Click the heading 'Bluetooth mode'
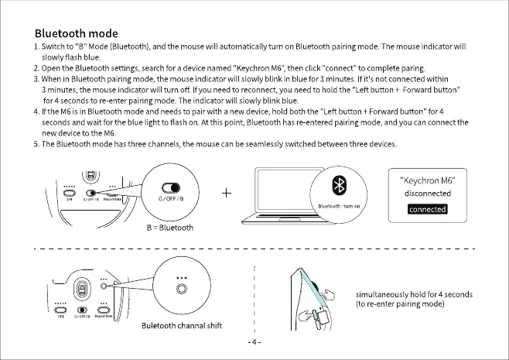click(77, 34)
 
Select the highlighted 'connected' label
click(427, 209)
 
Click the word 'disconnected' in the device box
click(427, 193)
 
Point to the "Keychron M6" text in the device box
click(428, 180)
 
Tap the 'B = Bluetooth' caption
click(170, 228)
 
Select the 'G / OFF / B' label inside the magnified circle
click(170, 199)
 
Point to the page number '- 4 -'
click(254, 341)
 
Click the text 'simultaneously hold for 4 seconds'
click(414, 295)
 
